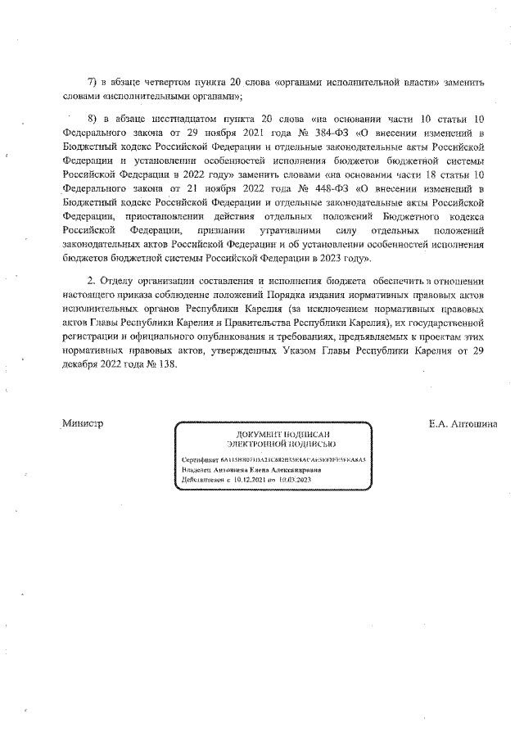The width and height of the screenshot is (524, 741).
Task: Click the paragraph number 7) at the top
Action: (93, 83)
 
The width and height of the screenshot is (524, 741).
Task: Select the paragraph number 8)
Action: (93, 118)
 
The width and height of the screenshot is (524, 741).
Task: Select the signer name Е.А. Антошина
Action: (468, 424)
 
